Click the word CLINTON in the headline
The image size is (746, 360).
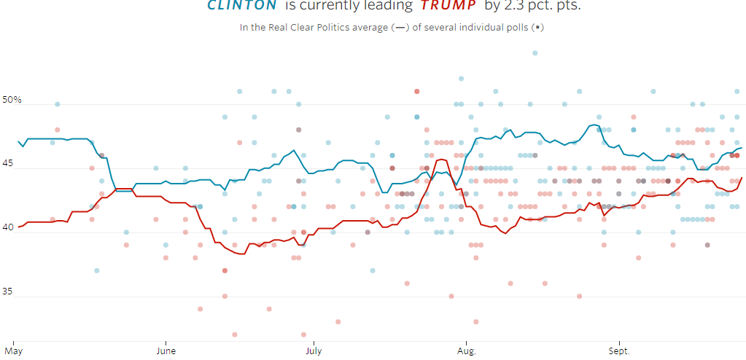[x=241, y=6]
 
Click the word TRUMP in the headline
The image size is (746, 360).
[x=449, y=6]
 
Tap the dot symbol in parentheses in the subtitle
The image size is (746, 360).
[x=537, y=28]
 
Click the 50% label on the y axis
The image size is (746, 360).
[x=12, y=99]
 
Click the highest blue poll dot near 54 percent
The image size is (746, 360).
[x=535, y=52]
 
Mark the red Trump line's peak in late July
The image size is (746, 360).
[x=440, y=159]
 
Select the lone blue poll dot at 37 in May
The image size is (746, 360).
[x=96, y=270]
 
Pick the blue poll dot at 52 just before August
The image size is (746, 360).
[x=461, y=79]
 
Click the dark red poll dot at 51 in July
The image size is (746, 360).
[x=416, y=91]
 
